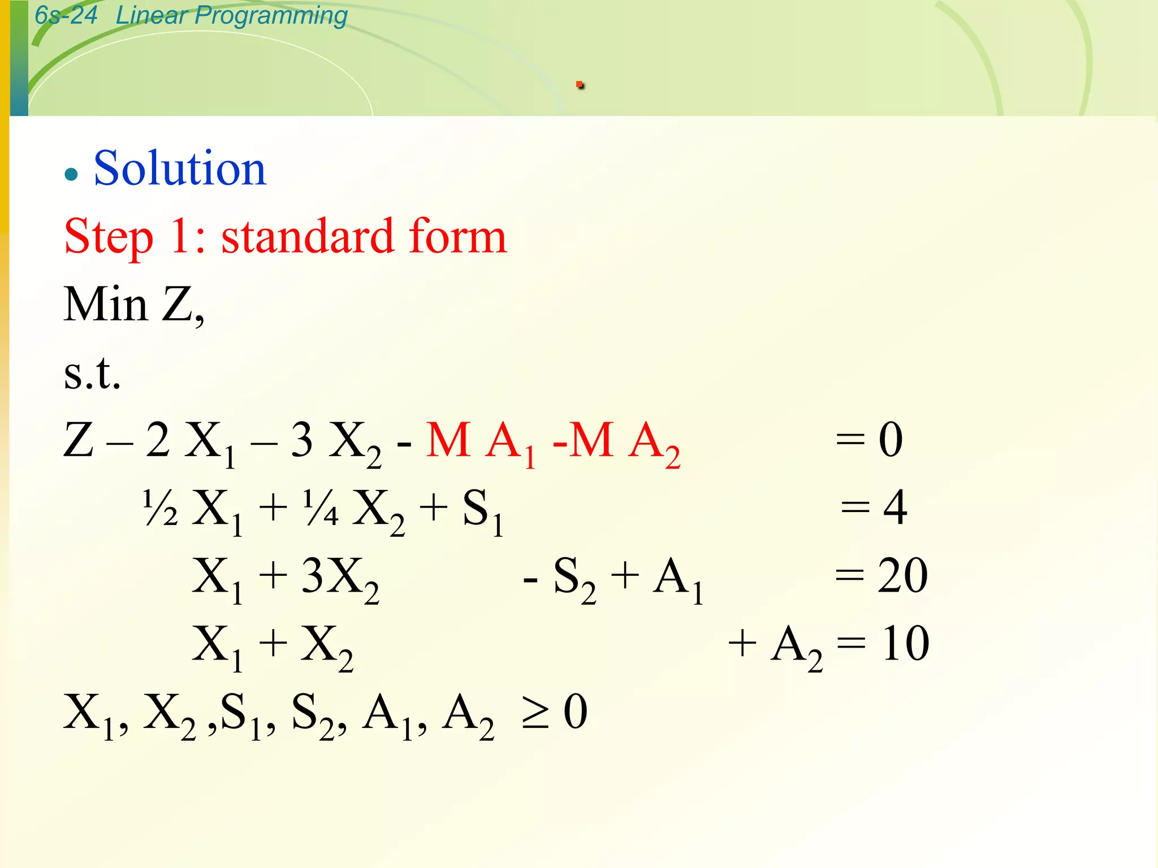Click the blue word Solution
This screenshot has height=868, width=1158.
[180, 168]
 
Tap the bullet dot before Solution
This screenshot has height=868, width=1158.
[71, 173]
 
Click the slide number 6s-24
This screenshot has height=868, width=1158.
[66, 15]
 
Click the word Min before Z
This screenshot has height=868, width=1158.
[106, 305]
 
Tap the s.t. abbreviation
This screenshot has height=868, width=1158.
[92, 374]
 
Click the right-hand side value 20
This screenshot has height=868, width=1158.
[902, 576]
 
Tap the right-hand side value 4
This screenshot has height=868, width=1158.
[895, 508]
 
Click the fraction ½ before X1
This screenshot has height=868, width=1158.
[161, 508]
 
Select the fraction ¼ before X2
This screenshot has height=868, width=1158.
[321, 508]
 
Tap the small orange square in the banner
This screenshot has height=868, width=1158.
[580, 85]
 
